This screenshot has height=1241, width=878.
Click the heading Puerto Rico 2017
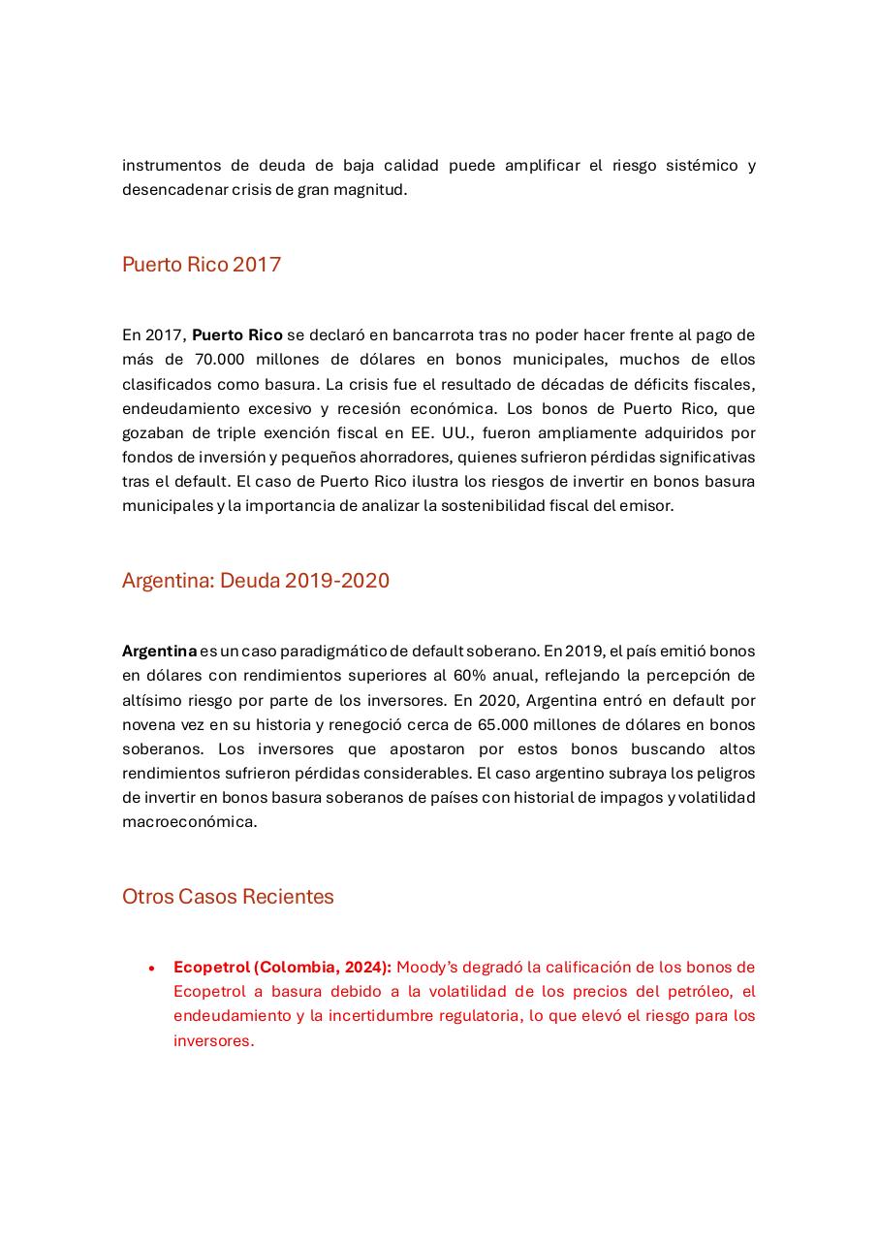point(202,265)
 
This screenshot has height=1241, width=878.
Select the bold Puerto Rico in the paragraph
point(237,335)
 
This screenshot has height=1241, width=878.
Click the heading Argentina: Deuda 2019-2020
point(256,581)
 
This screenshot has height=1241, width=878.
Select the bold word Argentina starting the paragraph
point(159,652)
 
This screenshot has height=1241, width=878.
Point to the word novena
point(148,724)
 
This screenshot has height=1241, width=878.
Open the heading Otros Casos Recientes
point(228,897)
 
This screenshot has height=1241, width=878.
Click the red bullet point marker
point(151,968)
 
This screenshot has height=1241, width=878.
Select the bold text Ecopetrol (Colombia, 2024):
point(282,968)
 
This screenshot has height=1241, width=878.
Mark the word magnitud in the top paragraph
point(374,190)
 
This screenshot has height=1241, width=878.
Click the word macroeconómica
point(189,822)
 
